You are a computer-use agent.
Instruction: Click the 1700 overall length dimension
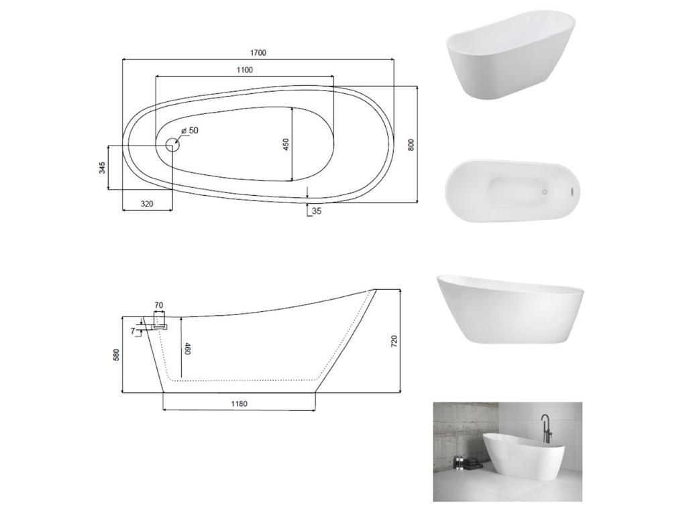pyautogui.click(x=258, y=53)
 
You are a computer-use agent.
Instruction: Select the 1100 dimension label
pyautogui.click(x=245, y=70)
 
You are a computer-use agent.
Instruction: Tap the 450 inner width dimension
pyautogui.click(x=286, y=144)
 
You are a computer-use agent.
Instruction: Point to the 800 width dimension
pyautogui.click(x=411, y=144)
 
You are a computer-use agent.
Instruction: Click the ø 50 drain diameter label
pyautogui.click(x=191, y=131)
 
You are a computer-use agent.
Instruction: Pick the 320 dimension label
pyautogui.click(x=147, y=203)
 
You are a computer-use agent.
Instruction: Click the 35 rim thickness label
pyautogui.click(x=317, y=211)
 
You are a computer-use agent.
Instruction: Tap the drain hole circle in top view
pyautogui.click(x=172, y=144)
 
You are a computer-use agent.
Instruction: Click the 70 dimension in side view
pyautogui.click(x=158, y=306)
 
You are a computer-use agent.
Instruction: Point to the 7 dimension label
pyautogui.click(x=133, y=331)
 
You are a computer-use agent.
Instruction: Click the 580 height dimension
pyautogui.click(x=116, y=353)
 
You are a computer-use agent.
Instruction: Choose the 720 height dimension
pyautogui.click(x=394, y=341)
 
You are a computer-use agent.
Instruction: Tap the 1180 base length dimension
pyautogui.click(x=240, y=404)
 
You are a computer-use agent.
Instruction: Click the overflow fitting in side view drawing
pyautogui.click(x=159, y=326)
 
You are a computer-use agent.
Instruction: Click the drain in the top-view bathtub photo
pyautogui.click(x=544, y=192)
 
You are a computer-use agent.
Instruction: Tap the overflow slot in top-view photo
pyautogui.click(x=572, y=191)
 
